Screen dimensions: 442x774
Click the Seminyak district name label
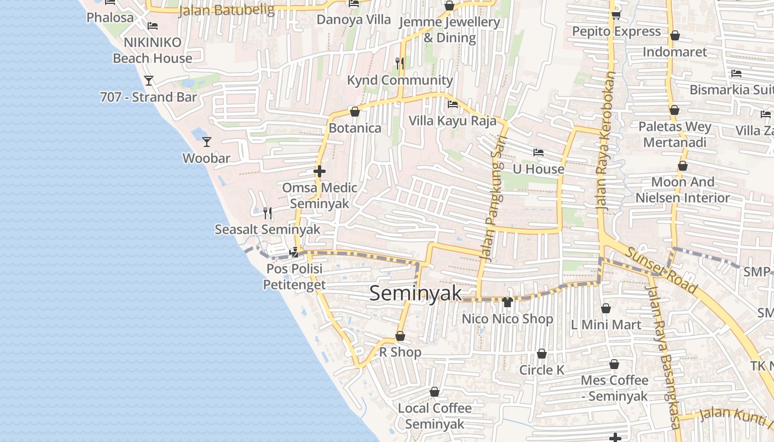415,293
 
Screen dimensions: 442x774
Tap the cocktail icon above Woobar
206,141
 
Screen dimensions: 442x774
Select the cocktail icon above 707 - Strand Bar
148,81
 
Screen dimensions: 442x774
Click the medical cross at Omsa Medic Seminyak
319,171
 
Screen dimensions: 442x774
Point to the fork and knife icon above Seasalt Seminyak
267,213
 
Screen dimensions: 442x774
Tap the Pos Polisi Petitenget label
294,277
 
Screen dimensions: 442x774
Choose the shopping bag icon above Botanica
355,112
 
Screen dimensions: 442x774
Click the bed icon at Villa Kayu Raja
453,104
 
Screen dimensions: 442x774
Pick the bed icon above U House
538,152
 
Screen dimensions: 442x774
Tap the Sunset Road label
662,270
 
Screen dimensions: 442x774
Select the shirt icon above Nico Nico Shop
508,302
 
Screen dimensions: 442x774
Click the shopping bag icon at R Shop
400,336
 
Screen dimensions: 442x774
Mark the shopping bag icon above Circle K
542,354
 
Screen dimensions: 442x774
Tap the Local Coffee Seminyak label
435,416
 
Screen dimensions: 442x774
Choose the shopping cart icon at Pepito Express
616,15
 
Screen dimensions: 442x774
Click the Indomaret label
674,52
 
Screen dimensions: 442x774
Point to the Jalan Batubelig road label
227,10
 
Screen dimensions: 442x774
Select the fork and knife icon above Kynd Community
400,64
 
